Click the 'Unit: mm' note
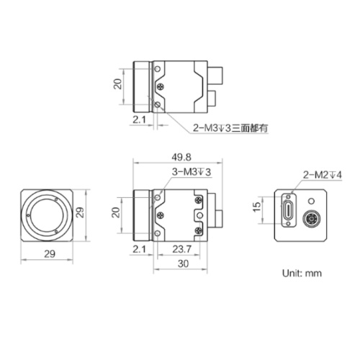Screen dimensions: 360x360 coord(301,273)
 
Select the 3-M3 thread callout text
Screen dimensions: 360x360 coord(191,173)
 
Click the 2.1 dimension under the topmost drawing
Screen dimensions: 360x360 coord(140,119)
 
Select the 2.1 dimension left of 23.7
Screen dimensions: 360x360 coord(140,249)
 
